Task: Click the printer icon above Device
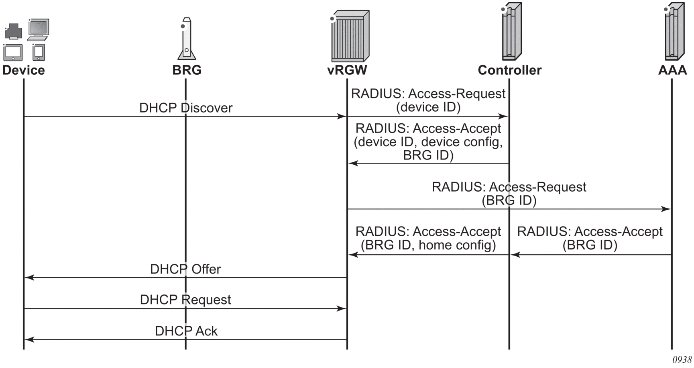pos(14,31)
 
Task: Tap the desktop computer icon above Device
pos(38,29)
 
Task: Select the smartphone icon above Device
pos(39,52)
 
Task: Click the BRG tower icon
pos(187,39)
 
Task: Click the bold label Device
pos(24,70)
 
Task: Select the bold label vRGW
pos(347,70)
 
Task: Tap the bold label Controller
pos(509,70)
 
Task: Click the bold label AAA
pos(672,70)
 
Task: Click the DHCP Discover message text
pos(186,108)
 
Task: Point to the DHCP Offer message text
pos(185,269)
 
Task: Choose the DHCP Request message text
pos(185,300)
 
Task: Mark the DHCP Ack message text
pos(186,331)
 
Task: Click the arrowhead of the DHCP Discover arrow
pos(342,117)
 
